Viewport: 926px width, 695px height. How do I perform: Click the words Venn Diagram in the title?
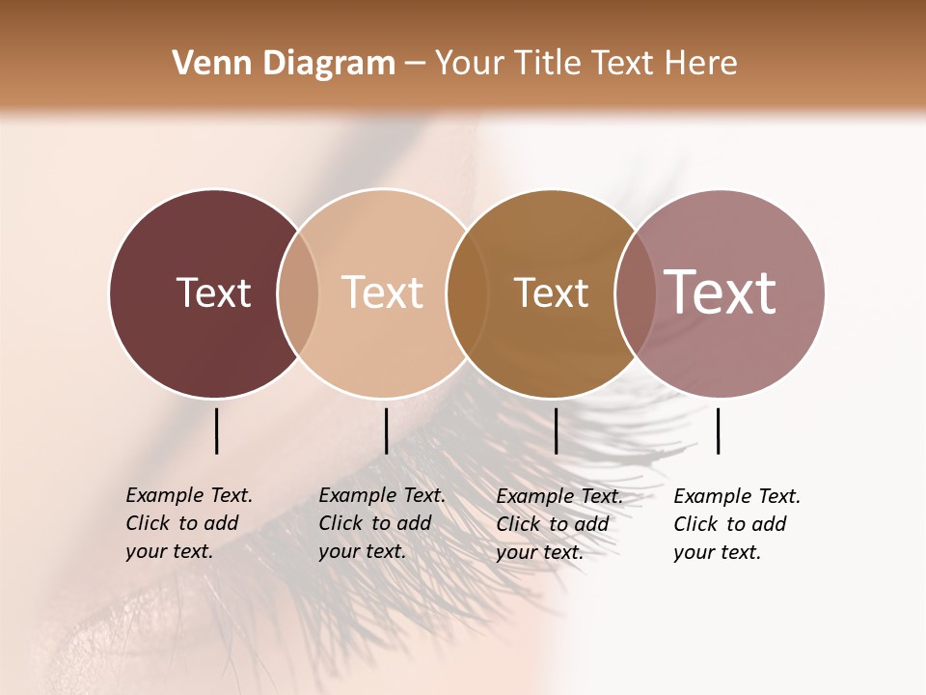click(284, 64)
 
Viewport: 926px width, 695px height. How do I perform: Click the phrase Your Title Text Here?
click(586, 64)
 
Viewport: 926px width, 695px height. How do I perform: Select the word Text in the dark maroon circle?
click(213, 292)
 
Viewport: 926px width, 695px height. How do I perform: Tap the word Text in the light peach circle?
click(383, 292)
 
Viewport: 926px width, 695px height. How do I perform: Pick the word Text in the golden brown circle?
click(551, 292)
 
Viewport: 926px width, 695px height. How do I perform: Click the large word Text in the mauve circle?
click(721, 292)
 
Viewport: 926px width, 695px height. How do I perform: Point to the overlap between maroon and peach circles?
click(298, 292)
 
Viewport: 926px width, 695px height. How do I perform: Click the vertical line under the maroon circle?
click(217, 431)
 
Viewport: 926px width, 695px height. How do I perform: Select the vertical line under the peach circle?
click(386, 431)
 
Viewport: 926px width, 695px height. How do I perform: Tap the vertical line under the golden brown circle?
click(556, 431)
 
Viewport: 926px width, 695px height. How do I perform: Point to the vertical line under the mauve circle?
click(719, 431)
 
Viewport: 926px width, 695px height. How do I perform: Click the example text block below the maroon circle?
click(189, 523)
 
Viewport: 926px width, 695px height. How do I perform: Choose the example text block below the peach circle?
click(382, 523)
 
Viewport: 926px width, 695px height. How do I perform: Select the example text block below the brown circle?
click(559, 524)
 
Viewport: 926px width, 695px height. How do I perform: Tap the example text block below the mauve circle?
click(737, 524)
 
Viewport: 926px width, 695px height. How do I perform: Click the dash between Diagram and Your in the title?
click(415, 64)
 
